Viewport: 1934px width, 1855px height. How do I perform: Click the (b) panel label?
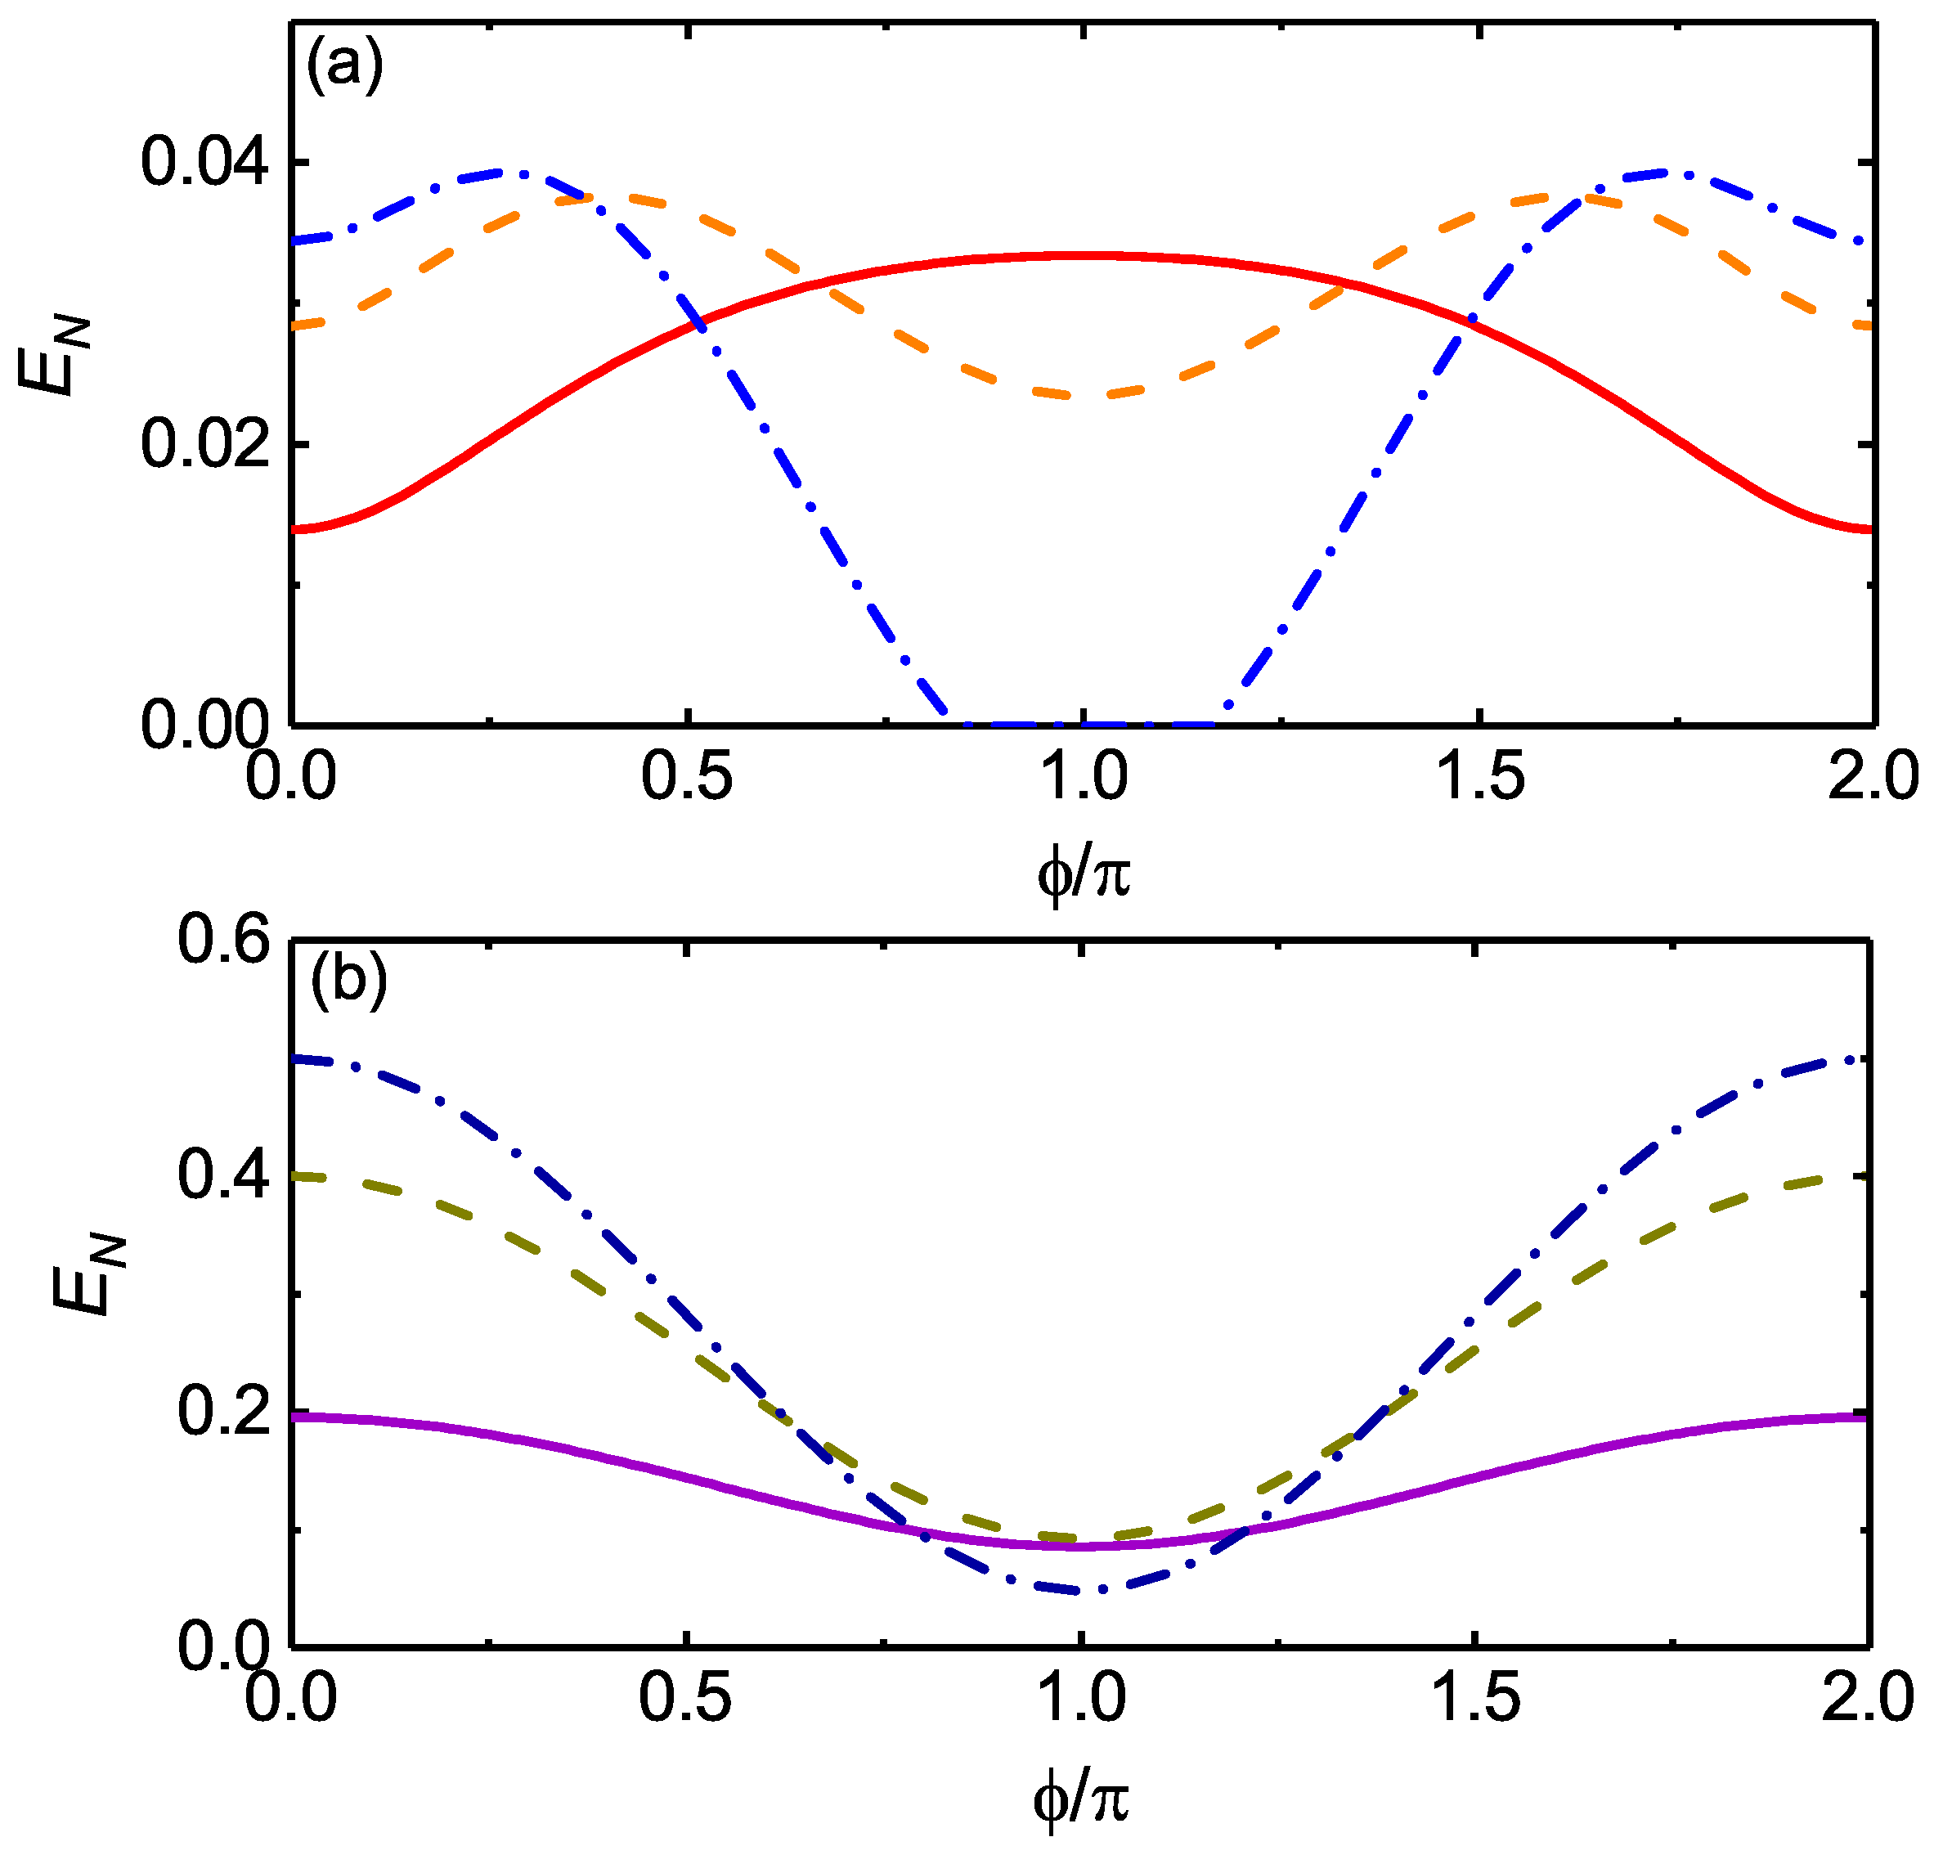click(x=348, y=980)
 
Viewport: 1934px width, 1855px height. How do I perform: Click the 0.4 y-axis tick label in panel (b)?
click(x=224, y=1176)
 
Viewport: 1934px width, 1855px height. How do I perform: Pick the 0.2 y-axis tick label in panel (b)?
click(x=224, y=1412)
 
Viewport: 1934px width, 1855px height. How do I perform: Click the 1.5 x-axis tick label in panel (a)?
click(x=1479, y=775)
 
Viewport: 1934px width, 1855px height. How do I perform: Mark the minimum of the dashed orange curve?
click(x=1084, y=396)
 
